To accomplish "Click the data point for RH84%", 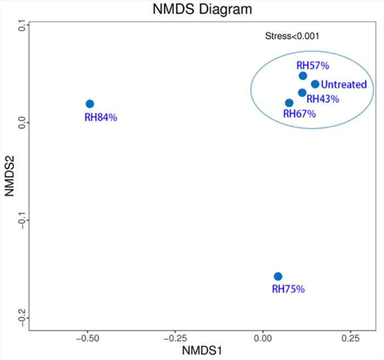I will pos(90,104).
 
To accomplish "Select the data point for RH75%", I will pos(278,276).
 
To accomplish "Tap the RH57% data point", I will pos(303,76).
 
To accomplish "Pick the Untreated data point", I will pos(315,84).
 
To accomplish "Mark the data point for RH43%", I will pos(302,93).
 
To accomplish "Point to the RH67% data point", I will pos(289,103).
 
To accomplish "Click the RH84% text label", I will pos(101,117).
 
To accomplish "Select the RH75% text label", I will pos(288,289).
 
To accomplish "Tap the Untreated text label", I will pos(344,85).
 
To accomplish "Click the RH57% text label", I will pos(313,66).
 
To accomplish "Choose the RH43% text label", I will pos(323,99).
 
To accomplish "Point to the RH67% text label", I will pos(299,114).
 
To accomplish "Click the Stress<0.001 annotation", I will pos(292,36).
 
